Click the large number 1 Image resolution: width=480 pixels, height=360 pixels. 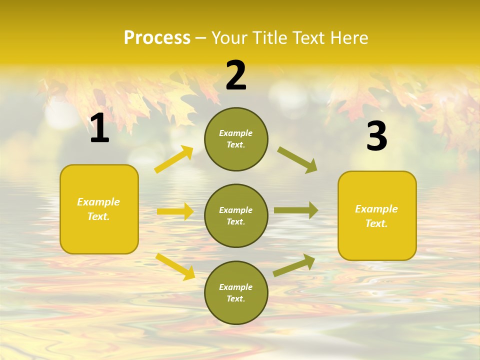(x=99, y=128)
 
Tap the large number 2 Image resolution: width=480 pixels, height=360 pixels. (x=236, y=75)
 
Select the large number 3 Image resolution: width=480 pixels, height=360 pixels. (x=376, y=136)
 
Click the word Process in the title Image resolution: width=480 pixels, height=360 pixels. (x=157, y=37)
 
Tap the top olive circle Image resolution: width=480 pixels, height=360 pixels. (x=236, y=139)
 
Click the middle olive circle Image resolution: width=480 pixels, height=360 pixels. (x=236, y=215)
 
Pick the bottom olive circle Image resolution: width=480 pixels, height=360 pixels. (x=236, y=292)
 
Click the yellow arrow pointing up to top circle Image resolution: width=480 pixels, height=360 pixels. (x=174, y=159)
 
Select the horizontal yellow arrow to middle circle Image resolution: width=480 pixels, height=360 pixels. (x=175, y=211)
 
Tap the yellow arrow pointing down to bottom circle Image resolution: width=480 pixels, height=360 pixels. (x=175, y=266)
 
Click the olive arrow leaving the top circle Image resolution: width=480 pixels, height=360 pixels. (x=297, y=160)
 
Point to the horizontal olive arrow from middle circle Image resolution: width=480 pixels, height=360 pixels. (x=296, y=210)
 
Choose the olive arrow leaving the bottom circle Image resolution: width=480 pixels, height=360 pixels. (x=294, y=265)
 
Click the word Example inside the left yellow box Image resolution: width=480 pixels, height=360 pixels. (x=98, y=202)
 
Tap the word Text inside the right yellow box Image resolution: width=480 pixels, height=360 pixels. (x=376, y=223)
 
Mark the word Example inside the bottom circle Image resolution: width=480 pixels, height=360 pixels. (x=236, y=287)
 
